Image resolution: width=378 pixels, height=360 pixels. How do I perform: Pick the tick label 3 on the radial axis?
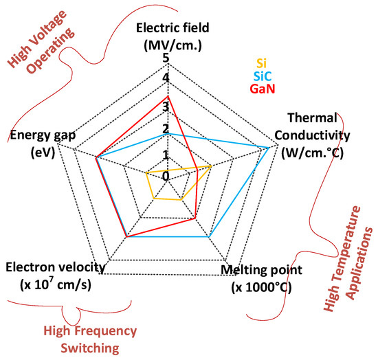pyautogui.click(x=165, y=106)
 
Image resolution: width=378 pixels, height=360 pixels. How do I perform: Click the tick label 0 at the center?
pyautogui.click(x=166, y=176)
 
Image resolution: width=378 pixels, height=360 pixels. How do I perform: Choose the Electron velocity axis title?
pyautogui.click(x=56, y=274)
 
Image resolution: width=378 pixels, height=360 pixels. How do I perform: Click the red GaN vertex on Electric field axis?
pyautogui.click(x=170, y=98)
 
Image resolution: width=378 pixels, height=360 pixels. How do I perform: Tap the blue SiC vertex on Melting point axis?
pyautogui.click(x=209, y=236)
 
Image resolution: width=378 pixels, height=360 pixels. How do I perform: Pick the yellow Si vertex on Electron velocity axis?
pyautogui.click(x=154, y=199)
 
